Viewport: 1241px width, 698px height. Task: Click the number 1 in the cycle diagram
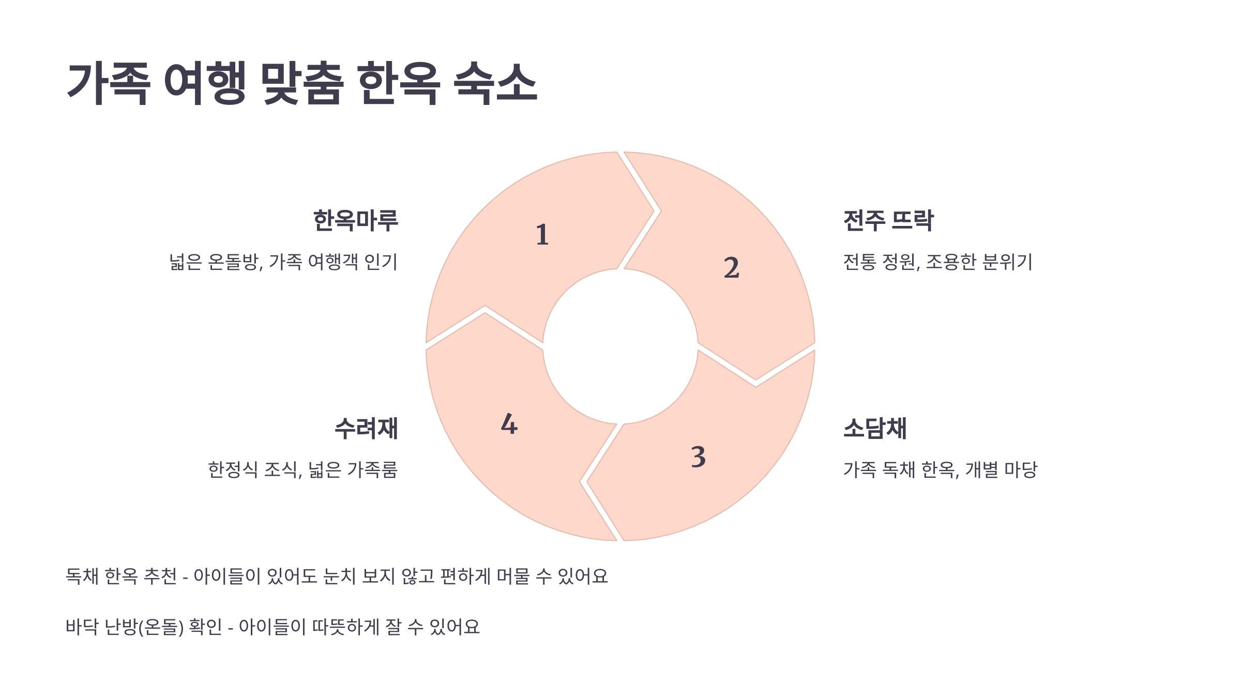point(542,235)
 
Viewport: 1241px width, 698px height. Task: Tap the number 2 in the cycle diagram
point(731,268)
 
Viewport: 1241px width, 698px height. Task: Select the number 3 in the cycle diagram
point(698,457)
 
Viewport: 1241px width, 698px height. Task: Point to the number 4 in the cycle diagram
point(509,424)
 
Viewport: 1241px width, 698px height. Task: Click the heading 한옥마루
point(356,221)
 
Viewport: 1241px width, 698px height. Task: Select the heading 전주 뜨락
point(888,221)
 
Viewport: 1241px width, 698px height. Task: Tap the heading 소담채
point(875,429)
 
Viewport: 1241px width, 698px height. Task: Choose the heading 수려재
point(366,429)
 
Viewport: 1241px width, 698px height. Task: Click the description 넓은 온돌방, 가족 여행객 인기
point(283,262)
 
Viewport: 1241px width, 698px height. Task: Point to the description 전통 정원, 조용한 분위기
point(937,262)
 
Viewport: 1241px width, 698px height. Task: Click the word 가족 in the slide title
point(109,83)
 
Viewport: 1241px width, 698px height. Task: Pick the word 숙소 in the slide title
point(495,83)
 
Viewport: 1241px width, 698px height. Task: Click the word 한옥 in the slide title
point(399,83)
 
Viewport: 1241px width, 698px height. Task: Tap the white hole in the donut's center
point(620,346)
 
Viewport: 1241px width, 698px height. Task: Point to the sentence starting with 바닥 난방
point(273,627)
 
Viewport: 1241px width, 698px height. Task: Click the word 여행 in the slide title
point(205,83)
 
